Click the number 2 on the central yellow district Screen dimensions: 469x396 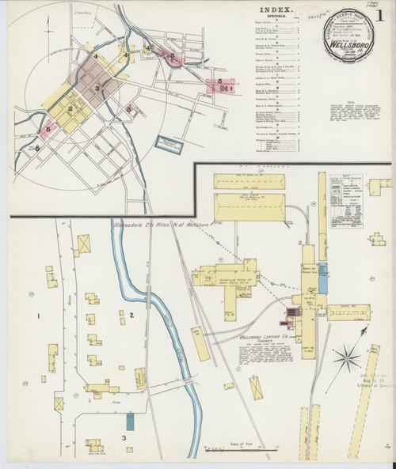click(70, 109)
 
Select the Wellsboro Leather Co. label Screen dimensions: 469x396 click(262, 335)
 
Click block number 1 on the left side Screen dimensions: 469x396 click(37, 317)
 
